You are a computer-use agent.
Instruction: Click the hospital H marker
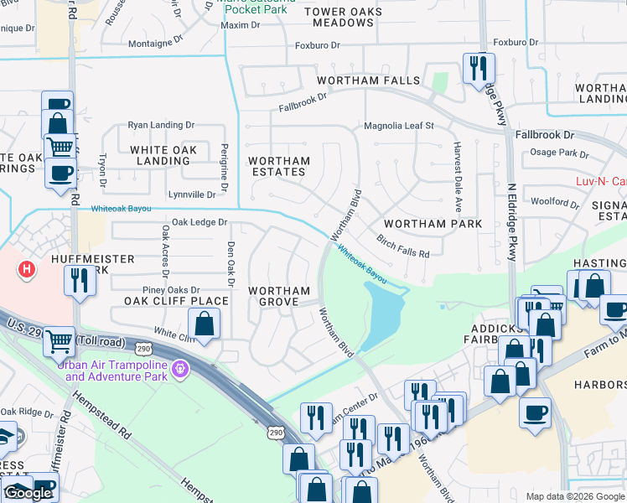[x=27, y=269]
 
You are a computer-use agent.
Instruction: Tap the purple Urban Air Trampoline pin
[x=179, y=368]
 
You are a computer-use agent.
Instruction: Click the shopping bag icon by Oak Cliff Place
[x=204, y=322]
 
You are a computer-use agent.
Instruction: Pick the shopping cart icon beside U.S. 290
[x=59, y=341]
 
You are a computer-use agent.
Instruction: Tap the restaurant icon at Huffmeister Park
[x=80, y=279]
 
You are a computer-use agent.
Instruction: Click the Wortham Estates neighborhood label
[x=279, y=166]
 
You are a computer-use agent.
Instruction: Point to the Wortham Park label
[x=433, y=224]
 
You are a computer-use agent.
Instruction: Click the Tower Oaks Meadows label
[x=344, y=18]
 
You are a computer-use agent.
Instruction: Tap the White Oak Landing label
[x=163, y=155]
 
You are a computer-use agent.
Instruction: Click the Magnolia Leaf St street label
[x=398, y=126]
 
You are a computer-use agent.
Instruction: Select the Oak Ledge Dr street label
[x=199, y=222]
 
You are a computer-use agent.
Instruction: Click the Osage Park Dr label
[x=560, y=153]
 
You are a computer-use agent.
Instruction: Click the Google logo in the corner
[x=28, y=493]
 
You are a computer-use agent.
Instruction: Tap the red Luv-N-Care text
[x=600, y=181]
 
